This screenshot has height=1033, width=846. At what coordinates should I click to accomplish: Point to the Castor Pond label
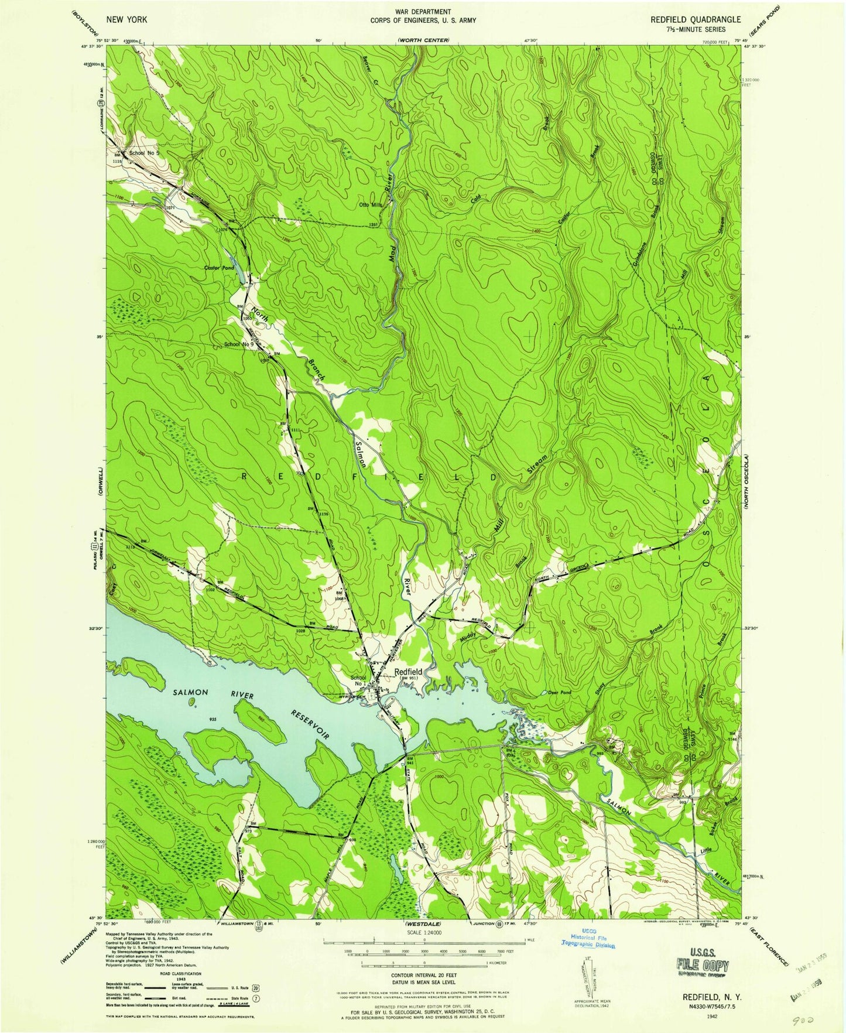(x=218, y=268)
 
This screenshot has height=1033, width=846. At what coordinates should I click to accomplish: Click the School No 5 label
(x=144, y=153)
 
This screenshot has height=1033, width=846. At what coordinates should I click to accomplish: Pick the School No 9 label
(x=239, y=344)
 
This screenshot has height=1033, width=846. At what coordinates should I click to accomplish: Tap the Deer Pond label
(x=559, y=692)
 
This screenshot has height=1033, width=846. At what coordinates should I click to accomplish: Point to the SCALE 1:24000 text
(x=423, y=932)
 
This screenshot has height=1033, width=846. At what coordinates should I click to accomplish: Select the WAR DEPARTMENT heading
(x=422, y=12)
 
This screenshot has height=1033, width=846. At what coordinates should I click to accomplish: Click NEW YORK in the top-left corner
(x=126, y=19)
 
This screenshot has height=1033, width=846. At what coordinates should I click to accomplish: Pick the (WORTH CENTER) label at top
(x=422, y=40)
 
